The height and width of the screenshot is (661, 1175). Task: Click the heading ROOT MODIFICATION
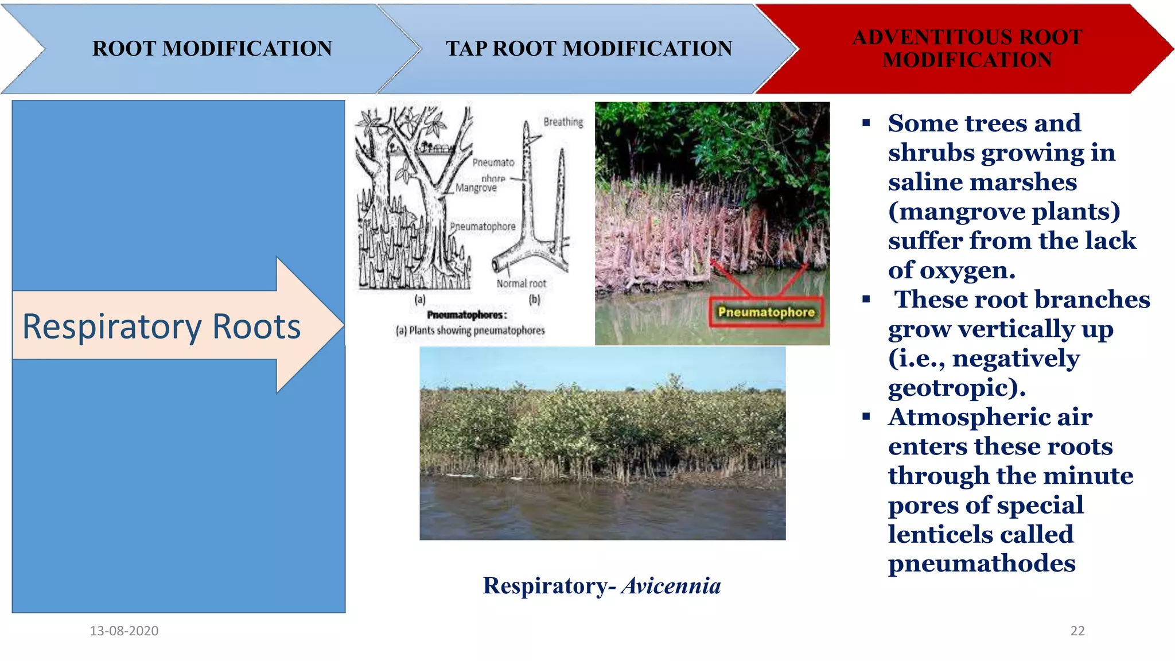212,49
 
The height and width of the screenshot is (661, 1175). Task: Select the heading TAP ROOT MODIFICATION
589,49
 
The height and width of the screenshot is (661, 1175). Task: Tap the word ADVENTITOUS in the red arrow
919,37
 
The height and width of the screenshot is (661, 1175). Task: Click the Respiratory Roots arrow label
161,326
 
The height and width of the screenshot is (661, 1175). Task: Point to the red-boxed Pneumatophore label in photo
766,312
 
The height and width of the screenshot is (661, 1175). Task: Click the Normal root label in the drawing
521,283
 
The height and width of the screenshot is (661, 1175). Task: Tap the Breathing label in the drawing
563,122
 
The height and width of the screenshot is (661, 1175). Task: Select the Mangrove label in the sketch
476,188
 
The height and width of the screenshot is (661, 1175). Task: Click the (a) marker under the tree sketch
420,299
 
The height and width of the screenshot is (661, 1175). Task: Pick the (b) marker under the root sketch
535,299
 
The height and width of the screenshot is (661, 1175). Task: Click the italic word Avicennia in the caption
671,586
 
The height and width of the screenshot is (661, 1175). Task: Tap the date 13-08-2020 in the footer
124,631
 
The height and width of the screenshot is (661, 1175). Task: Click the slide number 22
1077,631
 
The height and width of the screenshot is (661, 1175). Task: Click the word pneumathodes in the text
981,563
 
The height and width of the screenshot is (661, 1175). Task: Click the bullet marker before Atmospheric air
866,417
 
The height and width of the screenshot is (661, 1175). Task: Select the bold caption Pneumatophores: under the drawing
467,315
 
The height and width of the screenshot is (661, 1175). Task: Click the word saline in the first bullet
923,182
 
